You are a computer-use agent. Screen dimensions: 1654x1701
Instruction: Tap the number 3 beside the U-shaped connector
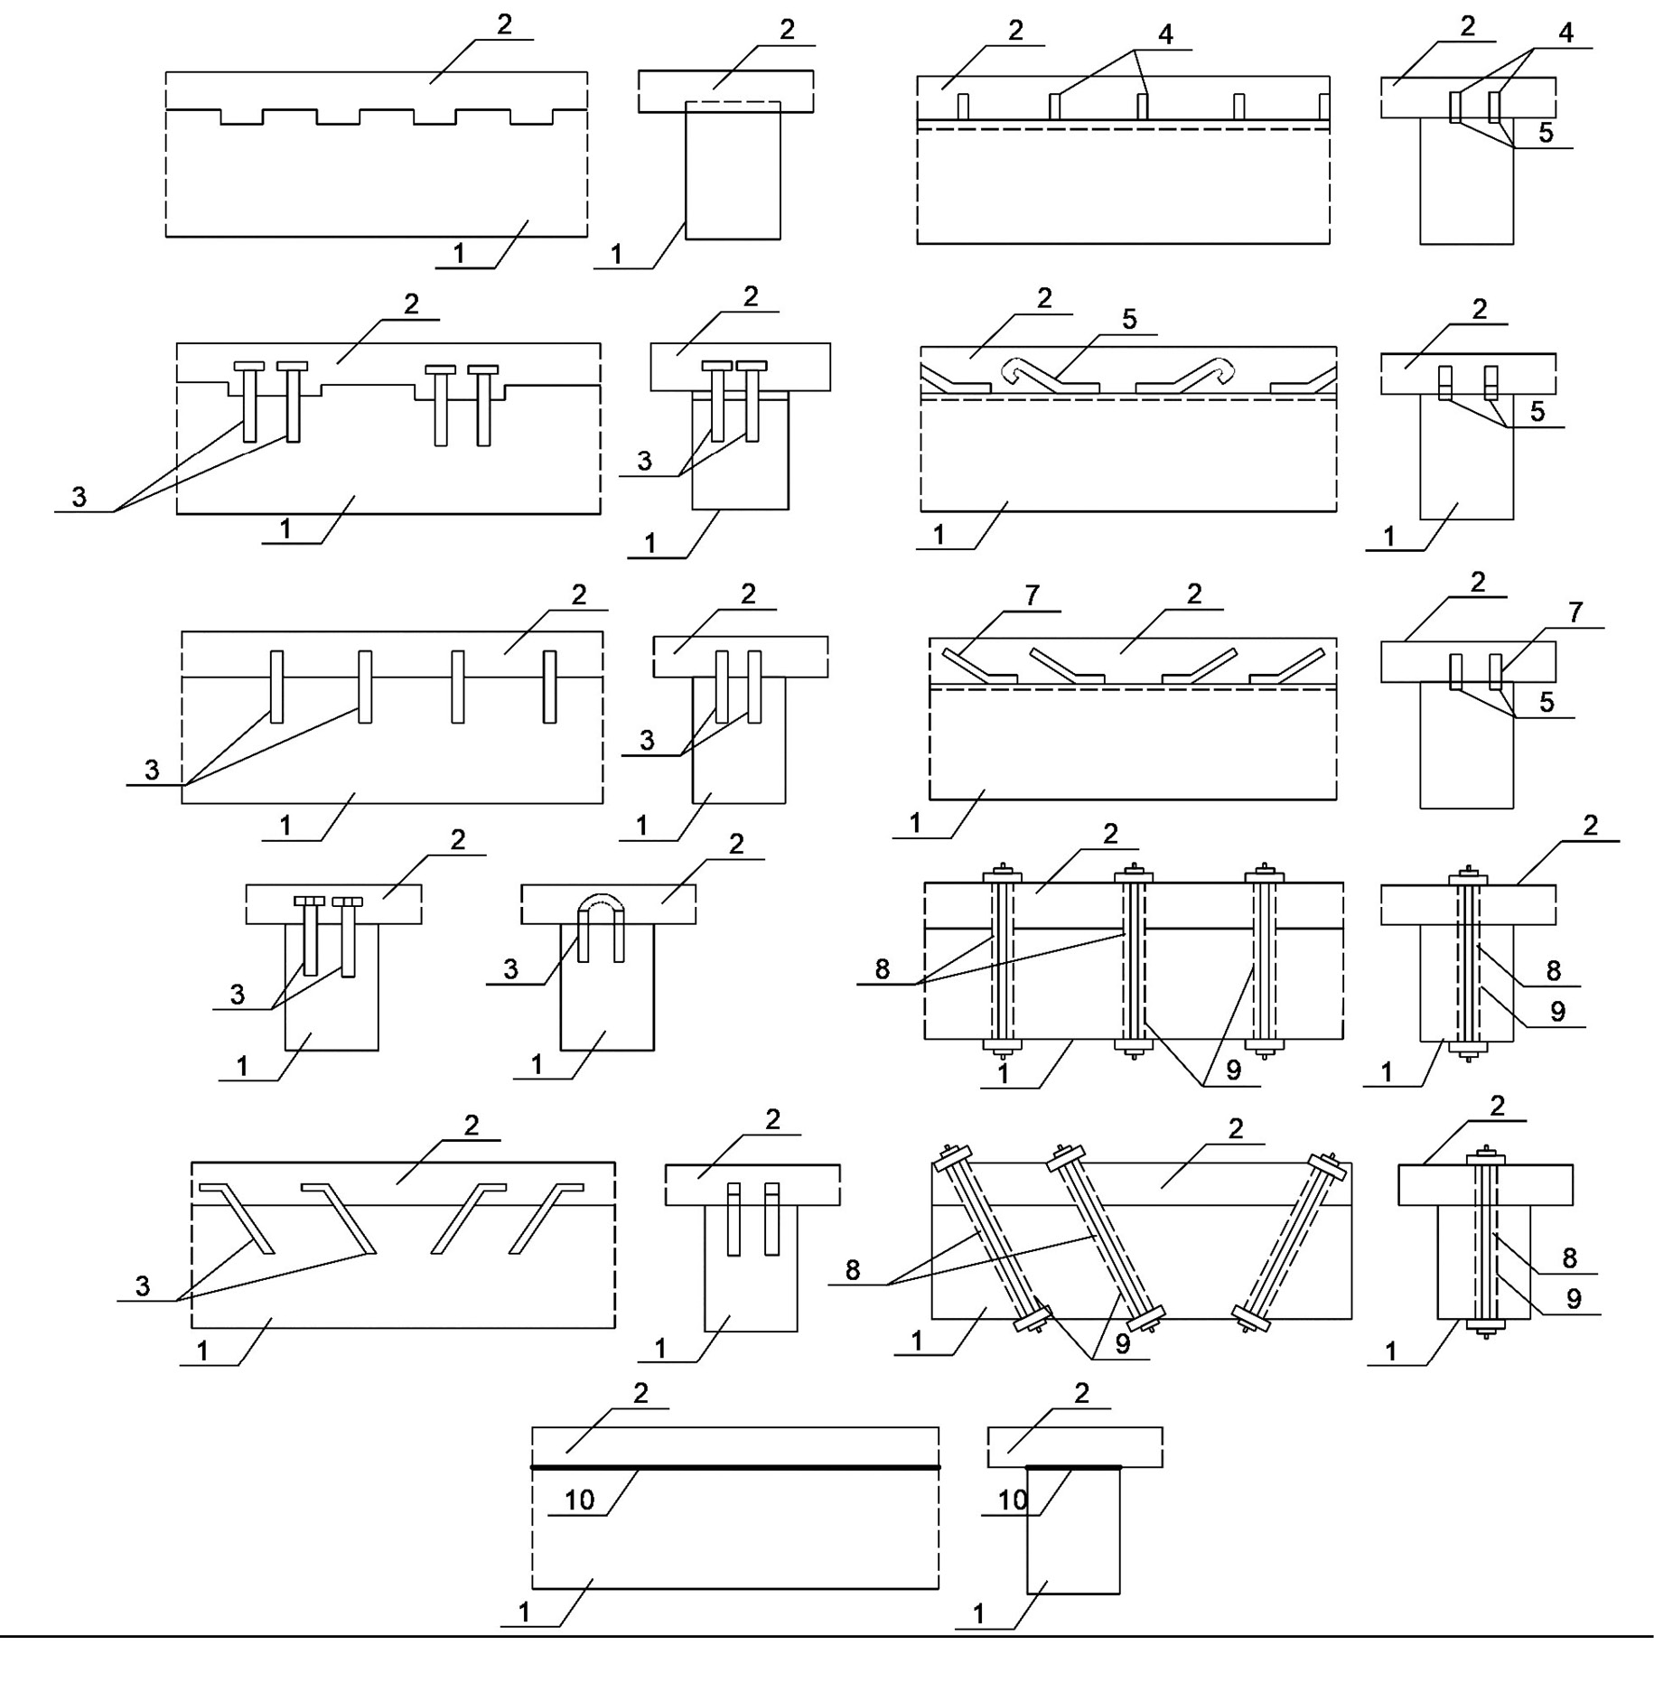click(511, 969)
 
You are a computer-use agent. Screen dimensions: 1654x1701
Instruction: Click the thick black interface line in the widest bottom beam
click(735, 1467)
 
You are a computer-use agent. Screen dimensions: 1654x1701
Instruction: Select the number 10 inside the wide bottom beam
click(579, 1500)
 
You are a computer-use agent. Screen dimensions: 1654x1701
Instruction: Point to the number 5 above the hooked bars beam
click(1129, 319)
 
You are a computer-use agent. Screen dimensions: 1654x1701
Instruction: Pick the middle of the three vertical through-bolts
click(1134, 961)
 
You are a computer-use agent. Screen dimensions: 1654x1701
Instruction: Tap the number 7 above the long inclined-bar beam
click(1032, 594)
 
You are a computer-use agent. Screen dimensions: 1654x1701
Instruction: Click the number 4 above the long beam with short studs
click(1166, 34)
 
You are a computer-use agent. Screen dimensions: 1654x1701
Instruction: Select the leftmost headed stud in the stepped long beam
click(249, 402)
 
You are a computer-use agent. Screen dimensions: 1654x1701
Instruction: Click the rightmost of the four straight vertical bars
click(549, 687)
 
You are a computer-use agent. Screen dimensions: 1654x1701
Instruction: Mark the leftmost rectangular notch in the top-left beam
click(241, 117)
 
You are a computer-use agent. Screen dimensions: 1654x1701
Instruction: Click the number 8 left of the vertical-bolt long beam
click(883, 969)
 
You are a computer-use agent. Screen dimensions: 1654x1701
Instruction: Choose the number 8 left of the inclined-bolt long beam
click(853, 1270)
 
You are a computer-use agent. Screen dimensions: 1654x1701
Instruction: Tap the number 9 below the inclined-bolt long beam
click(1123, 1344)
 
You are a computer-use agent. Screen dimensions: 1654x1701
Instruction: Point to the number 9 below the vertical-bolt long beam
click(1233, 1070)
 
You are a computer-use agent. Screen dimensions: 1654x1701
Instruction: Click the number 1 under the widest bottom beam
click(524, 1612)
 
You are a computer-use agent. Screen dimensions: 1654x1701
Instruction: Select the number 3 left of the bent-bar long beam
click(143, 1286)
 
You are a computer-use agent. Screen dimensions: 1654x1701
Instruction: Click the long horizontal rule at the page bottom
click(827, 1636)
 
